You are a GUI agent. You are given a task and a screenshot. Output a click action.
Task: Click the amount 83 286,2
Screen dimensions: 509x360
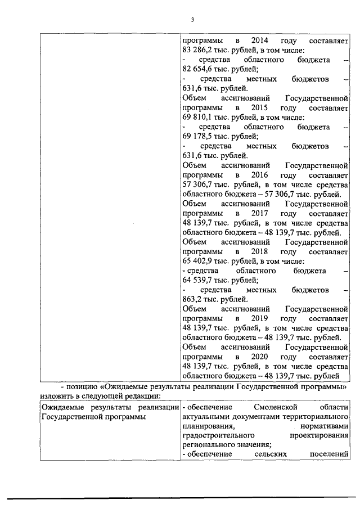tap(198, 50)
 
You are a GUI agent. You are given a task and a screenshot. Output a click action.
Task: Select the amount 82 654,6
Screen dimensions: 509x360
tap(198, 69)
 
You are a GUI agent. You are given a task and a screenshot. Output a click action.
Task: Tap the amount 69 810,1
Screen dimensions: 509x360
tap(198, 117)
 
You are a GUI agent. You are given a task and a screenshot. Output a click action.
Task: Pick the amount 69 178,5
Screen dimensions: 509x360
tap(198, 137)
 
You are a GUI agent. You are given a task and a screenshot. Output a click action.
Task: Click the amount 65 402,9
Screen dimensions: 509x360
tap(198, 262)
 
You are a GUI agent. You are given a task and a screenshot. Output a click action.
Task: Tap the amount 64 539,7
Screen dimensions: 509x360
tap(198, 281)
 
